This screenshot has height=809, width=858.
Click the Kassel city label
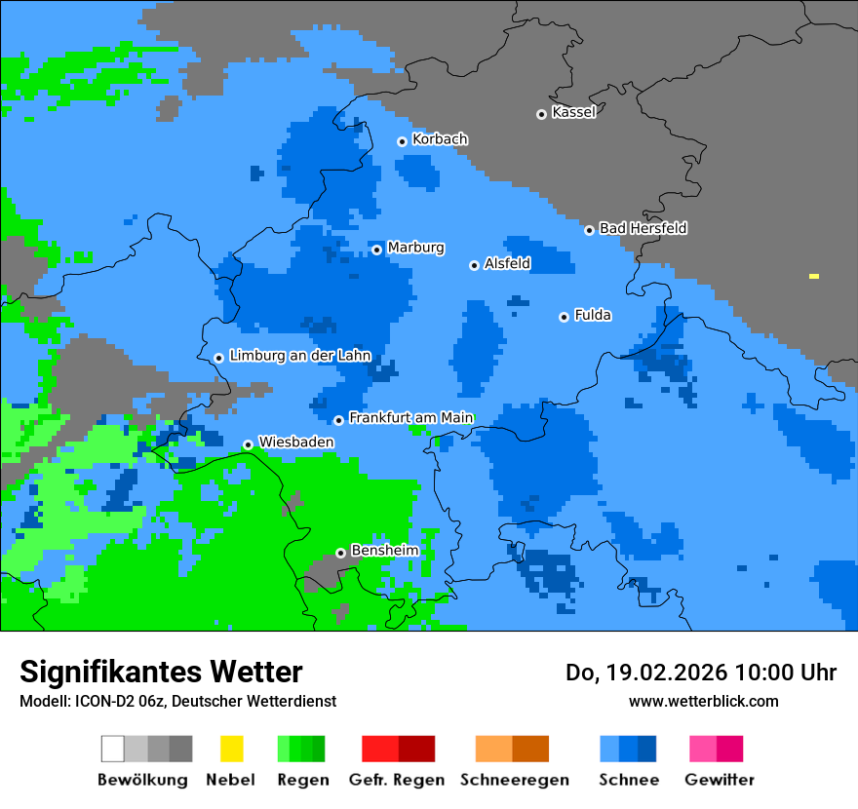pyautogui.click(x=573, y=112)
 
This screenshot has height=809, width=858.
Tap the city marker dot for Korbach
pyautogui.click(x=402, y=141)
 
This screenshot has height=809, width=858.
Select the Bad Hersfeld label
pyautogui.click(x=643, y=228)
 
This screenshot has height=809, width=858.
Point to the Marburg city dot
pyautogui.click(x=377, y=250)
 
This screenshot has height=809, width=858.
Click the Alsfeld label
pyautogui.click(x=507, y=263)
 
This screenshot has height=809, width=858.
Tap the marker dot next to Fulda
pyautogui.click(x=564, y=317)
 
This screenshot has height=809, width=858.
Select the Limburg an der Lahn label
pyautogui.click(x=299, y=356)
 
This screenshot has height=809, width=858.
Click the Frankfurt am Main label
pyautogui.click(x=410, y=418)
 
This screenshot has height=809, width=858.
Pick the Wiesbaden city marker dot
pyautogui.click(x=248, y=444)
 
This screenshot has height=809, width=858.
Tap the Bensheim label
pyautogui.click(x=384, y=551)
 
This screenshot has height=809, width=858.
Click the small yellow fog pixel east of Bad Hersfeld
pyautogui.click(x=814, y=277)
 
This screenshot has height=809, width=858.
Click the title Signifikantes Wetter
pyautogui.click(x=161, y=672)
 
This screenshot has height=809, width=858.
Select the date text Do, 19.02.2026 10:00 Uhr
pyautogui.click(x=701, y=673)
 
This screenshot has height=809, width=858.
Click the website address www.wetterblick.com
pyautogui.click(x=703, y=701)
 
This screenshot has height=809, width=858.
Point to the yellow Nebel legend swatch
pyautogui.click(x=231, y=749)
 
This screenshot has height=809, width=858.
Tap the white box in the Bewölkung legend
pyautogui.click(x=113, y=749)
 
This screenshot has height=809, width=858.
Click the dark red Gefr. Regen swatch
pyautogui.click(x=416, y=749)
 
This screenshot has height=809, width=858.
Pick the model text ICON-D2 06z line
pyautogui.click(x=177, y=701)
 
